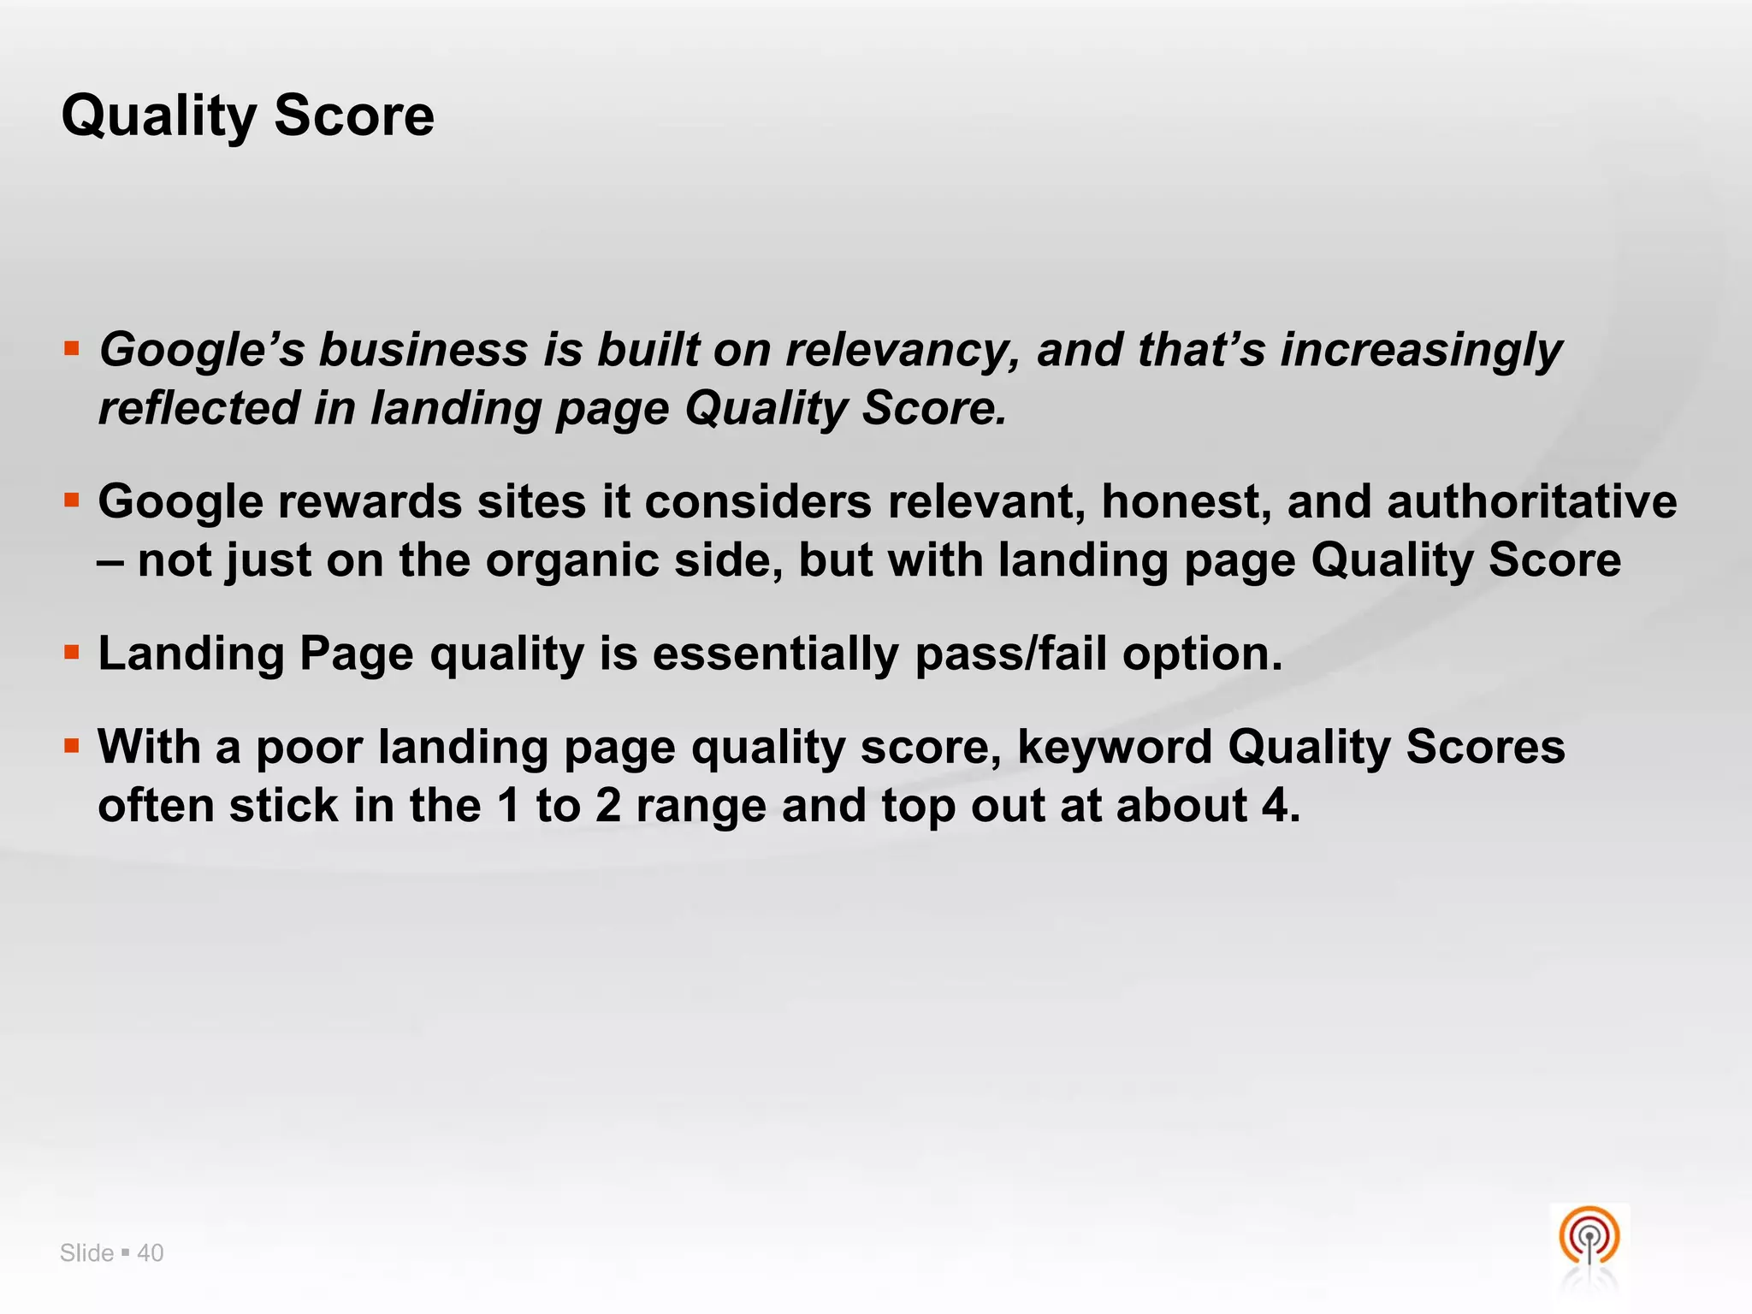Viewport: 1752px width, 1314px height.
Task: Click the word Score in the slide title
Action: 354,116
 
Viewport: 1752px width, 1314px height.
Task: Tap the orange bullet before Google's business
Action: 72,348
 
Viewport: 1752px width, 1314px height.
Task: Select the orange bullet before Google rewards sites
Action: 72,500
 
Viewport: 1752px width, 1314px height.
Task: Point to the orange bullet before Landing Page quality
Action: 72,653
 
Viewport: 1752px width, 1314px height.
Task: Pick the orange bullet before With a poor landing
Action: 72,746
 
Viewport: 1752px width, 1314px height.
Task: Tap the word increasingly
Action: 1420,351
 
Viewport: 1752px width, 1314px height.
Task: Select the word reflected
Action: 198,408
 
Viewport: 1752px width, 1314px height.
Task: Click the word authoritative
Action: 1531,501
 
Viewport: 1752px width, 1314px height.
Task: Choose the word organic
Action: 572,561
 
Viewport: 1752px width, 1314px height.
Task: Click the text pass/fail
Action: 1010,654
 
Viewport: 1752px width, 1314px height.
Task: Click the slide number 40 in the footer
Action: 151,1253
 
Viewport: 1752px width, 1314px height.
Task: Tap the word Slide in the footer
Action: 86,1253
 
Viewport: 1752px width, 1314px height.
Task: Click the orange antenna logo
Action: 1589,1237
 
